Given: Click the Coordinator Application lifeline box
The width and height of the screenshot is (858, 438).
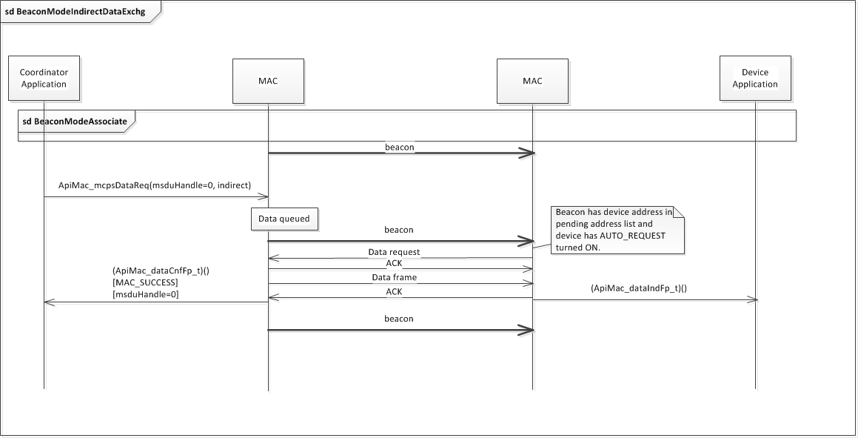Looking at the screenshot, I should [x=44, y=79].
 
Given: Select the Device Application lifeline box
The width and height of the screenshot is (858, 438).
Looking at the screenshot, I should [x=755, y=79].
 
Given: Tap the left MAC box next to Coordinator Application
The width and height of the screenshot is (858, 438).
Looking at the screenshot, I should [x=269, y=81].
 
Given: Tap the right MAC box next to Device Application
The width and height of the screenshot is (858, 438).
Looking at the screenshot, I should [x=532, y=81].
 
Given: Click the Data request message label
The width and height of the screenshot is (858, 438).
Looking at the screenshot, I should [x=394, y=252].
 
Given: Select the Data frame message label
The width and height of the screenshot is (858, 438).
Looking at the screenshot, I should [x=394, y=276].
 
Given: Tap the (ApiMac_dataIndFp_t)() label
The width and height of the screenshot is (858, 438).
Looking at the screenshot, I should [x=639, y=289].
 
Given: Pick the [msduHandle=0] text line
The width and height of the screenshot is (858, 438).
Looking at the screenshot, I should [x=145, y=294].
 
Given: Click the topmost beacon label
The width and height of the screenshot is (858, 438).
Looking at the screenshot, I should [x=399, y=147].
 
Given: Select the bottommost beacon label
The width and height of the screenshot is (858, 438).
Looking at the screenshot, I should [x=399, y=319].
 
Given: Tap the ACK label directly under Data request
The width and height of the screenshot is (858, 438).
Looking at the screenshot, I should [x=394, y=263].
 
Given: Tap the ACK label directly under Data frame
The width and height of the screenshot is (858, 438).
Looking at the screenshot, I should [x=394, y=292].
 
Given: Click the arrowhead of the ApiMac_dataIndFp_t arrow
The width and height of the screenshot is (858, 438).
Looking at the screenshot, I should [x=752, y=300].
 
